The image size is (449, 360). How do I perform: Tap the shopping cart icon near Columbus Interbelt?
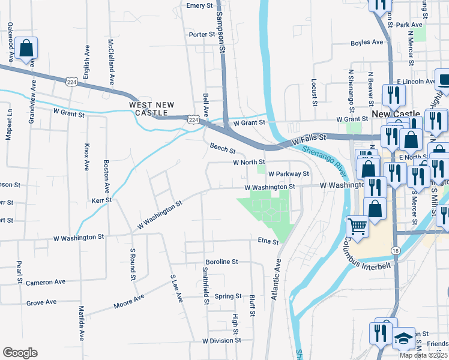357,227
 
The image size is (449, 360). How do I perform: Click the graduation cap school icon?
404,338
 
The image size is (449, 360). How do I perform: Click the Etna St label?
268,242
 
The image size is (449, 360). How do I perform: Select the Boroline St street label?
222,262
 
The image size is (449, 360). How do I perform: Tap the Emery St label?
200,5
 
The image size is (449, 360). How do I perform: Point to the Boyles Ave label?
367,43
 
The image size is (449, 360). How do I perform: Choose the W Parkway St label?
288,174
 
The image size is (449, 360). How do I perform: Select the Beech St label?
222,147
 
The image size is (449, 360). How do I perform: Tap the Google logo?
20,353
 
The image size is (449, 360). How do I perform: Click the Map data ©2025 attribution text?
423,355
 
